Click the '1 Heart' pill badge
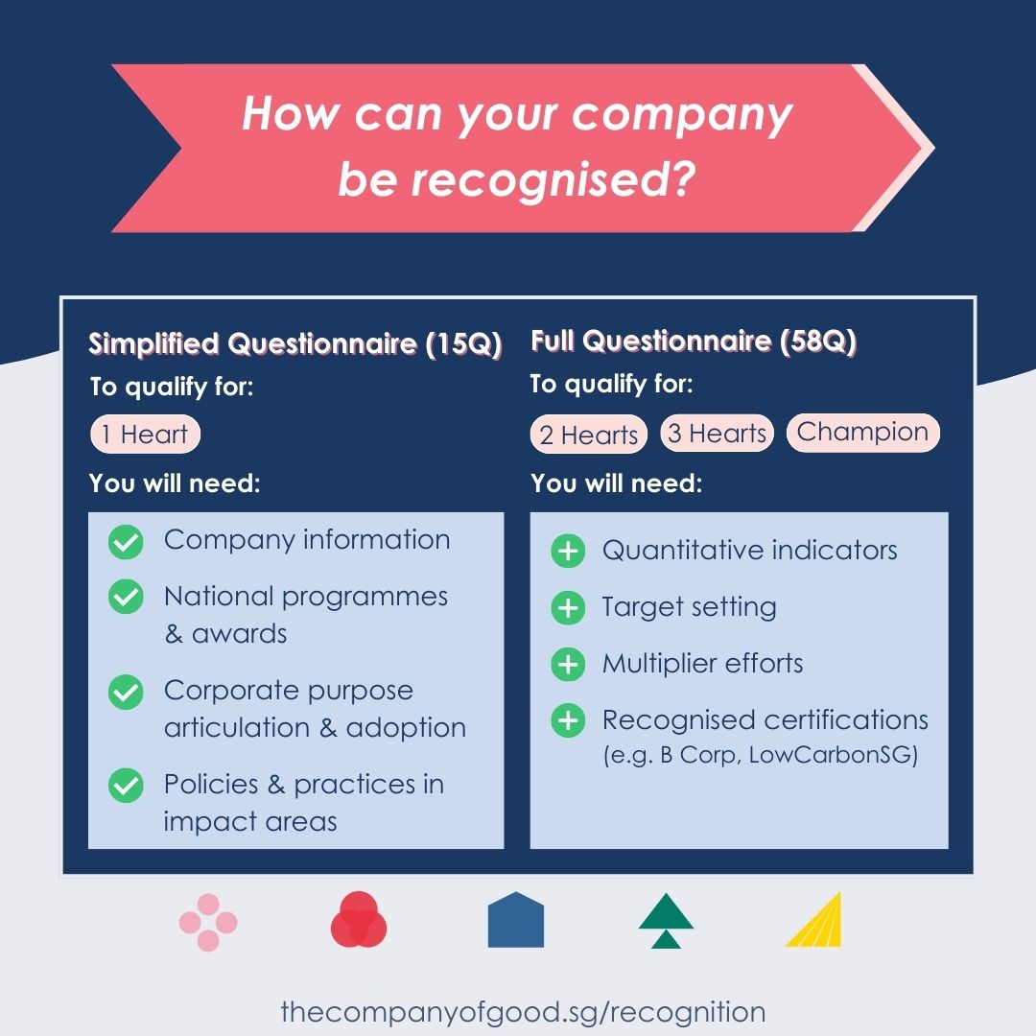[x=145, y=435]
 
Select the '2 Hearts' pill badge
[x=589, y=435]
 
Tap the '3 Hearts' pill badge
[x=717, y=433]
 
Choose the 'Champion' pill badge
[x=863, y=432]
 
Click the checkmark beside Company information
[x=126, y=542]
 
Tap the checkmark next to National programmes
[x=126, y=597]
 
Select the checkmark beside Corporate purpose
[x=126, y=692]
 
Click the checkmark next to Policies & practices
[x=126, y=786]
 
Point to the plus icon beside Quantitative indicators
[x=568, y=551]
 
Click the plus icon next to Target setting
[x=568, y=607]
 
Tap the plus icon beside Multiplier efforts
[x=568, y=664]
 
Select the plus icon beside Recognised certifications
[x=568, y=720]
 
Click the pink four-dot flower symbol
[x=208, y=923]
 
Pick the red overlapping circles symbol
[x=359, y=920]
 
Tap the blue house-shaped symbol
[x=515, y=920]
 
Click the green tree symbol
[x=666, y=920]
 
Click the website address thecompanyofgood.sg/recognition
[x=524, y=1012]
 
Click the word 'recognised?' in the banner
[x=553, y=179]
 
